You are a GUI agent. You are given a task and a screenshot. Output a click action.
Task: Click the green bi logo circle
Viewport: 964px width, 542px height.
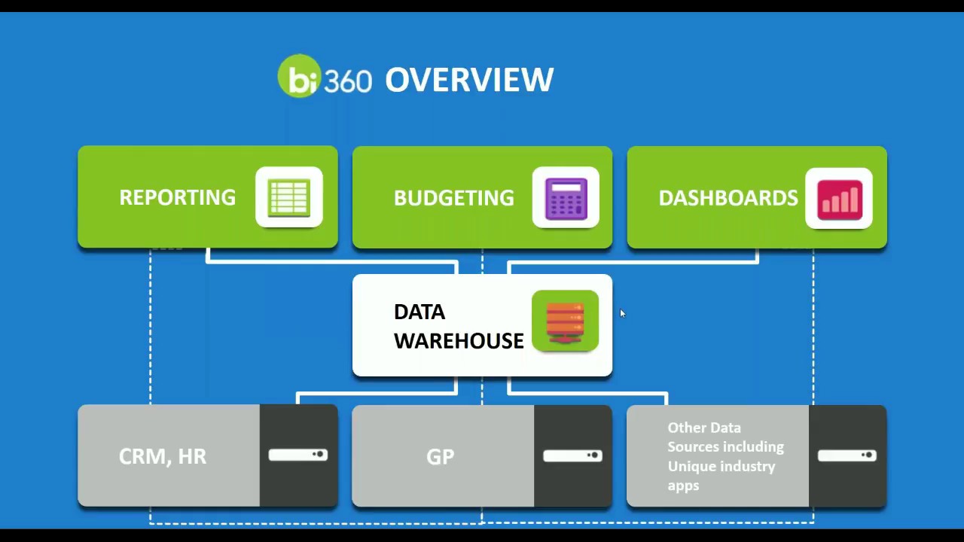coord(300,76)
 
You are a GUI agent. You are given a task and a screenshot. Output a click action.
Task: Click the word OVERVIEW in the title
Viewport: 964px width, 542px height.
coord(469,80)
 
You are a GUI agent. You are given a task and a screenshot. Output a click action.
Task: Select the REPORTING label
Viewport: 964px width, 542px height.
coord(177,197)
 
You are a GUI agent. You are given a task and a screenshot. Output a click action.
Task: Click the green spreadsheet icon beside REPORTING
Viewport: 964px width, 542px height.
coord(289,197)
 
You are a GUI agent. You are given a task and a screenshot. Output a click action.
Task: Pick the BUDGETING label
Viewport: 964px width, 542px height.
coord(453,198)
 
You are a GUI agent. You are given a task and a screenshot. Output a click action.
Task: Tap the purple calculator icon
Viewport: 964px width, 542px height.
coord(566,198)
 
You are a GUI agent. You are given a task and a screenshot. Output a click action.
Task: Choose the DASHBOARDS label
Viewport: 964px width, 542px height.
coord(728,198)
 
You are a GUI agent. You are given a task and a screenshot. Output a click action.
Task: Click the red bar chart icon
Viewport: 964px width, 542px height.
coord(839,199)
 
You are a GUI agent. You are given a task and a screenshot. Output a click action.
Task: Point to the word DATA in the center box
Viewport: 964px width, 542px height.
coord(419,312)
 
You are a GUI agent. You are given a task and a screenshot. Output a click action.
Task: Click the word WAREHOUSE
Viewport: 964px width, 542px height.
coord(459,341)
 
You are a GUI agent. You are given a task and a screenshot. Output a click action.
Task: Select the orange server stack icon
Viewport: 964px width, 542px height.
coord(565,321)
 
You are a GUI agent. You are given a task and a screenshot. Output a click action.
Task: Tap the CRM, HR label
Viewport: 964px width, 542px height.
coord(163,456)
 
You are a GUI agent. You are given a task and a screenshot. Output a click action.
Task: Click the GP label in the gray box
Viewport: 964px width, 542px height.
coord(441,457)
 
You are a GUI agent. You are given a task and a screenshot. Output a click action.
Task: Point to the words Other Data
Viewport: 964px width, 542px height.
coord(704,428)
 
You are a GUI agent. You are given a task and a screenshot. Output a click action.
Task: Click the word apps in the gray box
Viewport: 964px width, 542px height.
coord(683,486)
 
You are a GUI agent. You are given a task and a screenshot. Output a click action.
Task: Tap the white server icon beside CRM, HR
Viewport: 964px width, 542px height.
coord(298,455)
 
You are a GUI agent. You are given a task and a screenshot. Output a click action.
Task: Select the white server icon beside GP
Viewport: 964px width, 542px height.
coord(572,455)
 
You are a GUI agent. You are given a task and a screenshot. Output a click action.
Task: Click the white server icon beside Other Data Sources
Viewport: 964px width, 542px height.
coord(847,455)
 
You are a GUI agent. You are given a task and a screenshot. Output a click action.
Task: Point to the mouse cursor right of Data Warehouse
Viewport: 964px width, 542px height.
coord(622,313)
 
